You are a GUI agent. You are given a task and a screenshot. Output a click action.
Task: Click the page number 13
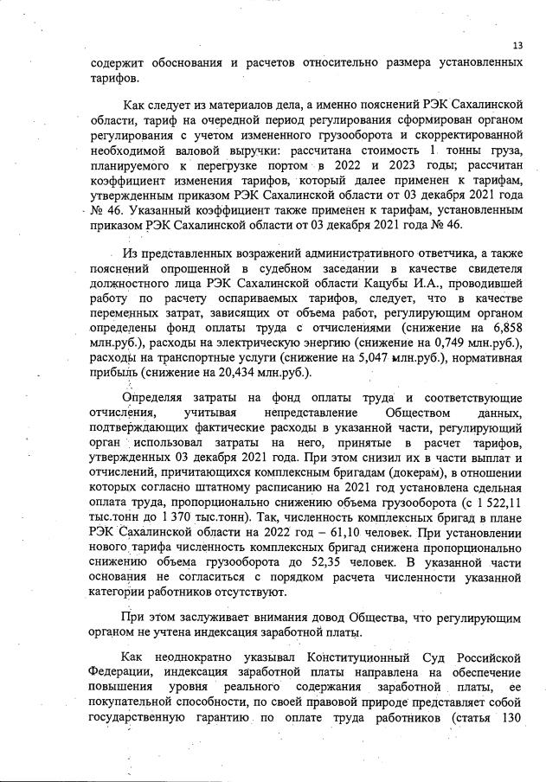point(517,46)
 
